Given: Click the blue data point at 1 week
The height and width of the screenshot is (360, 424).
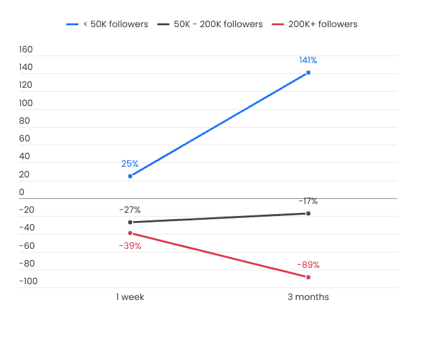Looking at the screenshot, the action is click(130, 176).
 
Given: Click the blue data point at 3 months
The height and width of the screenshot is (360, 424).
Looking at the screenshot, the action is click(308, 73).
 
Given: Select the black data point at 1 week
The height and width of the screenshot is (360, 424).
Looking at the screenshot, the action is click(130, 222).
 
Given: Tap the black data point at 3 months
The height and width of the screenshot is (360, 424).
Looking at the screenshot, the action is click(308, 213).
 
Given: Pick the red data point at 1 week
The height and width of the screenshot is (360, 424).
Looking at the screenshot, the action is click(130, 233).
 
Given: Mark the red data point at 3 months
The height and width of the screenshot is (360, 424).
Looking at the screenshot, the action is click(308, 277).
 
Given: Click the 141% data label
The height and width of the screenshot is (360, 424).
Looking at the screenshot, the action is click(308, 60).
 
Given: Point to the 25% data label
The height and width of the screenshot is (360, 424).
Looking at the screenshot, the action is click(130, 164).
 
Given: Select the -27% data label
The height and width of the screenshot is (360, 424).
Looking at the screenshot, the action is click(130, 210).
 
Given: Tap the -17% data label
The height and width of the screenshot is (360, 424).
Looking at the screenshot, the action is click(308, 201).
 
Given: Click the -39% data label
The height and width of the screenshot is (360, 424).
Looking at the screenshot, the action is click(130, 246).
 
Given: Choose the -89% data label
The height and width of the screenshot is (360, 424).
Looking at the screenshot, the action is click(308, 265).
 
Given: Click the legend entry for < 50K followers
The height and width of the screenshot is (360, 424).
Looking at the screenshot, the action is click(107, 25).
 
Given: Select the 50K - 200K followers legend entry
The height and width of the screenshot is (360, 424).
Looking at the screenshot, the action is click(210, 25).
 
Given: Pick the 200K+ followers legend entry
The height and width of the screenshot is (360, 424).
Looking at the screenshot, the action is click(315, 25).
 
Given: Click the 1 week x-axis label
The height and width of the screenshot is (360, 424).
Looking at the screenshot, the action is click(130, 297).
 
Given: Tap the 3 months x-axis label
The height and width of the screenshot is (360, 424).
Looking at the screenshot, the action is click(308, 297).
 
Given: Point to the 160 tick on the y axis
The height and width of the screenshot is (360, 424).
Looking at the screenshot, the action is click(26, 49).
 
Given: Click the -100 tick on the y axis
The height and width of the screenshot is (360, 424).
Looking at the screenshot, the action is click(28, 281).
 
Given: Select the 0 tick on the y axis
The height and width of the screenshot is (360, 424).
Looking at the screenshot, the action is click(21, 192).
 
